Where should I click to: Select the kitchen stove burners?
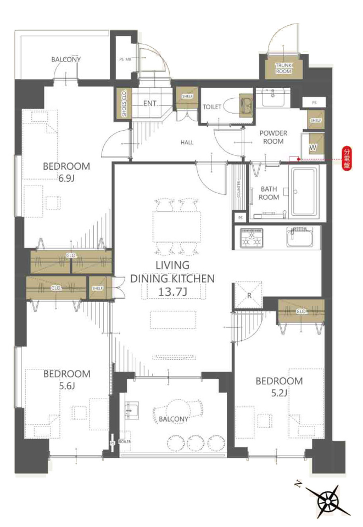(252, 238)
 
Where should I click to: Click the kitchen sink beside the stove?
(300, 237)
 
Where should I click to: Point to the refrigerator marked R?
(249, 295)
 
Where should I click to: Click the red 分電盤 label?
(347, 158)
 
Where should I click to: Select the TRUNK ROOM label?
(284, 68)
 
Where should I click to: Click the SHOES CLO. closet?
(124, 103)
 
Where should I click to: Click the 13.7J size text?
(173, 291)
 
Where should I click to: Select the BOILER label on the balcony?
(125, 441)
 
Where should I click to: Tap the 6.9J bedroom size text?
(66, 178)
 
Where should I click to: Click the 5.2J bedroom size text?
(279, 393)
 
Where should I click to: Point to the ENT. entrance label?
(150, 104)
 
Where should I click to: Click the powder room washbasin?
(273, 98)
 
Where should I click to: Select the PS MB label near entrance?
(125, 59)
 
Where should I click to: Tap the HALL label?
(187, 143)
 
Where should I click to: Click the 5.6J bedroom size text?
(67, 386)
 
